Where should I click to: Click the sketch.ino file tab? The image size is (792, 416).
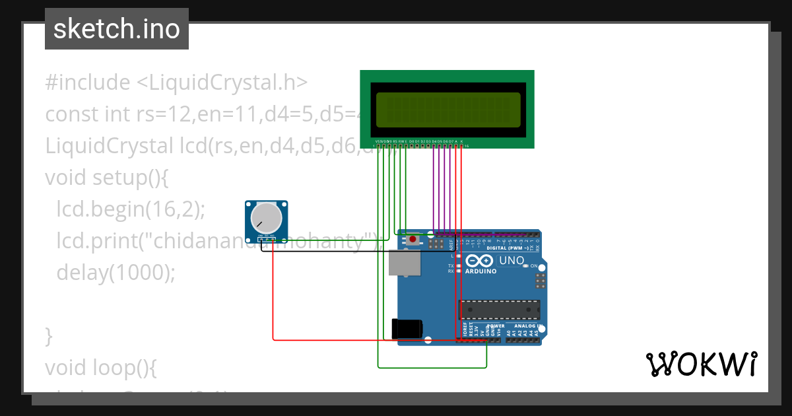(116, 29)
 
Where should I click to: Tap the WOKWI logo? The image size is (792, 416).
(701, 364)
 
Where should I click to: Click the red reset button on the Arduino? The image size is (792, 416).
(413, 239)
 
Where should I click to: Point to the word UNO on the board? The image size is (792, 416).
(511, 260)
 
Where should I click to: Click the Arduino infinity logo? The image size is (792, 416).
(478, 261)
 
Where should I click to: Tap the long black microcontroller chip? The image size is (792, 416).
(500, 310)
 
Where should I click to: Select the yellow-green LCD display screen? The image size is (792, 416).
(447, 110)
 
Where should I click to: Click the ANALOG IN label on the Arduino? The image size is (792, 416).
(527, 326)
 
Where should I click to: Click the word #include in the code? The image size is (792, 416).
(88, 83)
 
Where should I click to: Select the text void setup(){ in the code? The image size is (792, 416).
(108, 178)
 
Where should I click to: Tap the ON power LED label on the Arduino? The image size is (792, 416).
(535, 265)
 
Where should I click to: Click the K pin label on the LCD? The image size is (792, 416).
(461, 141)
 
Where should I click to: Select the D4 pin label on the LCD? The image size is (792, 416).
(434, 141)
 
